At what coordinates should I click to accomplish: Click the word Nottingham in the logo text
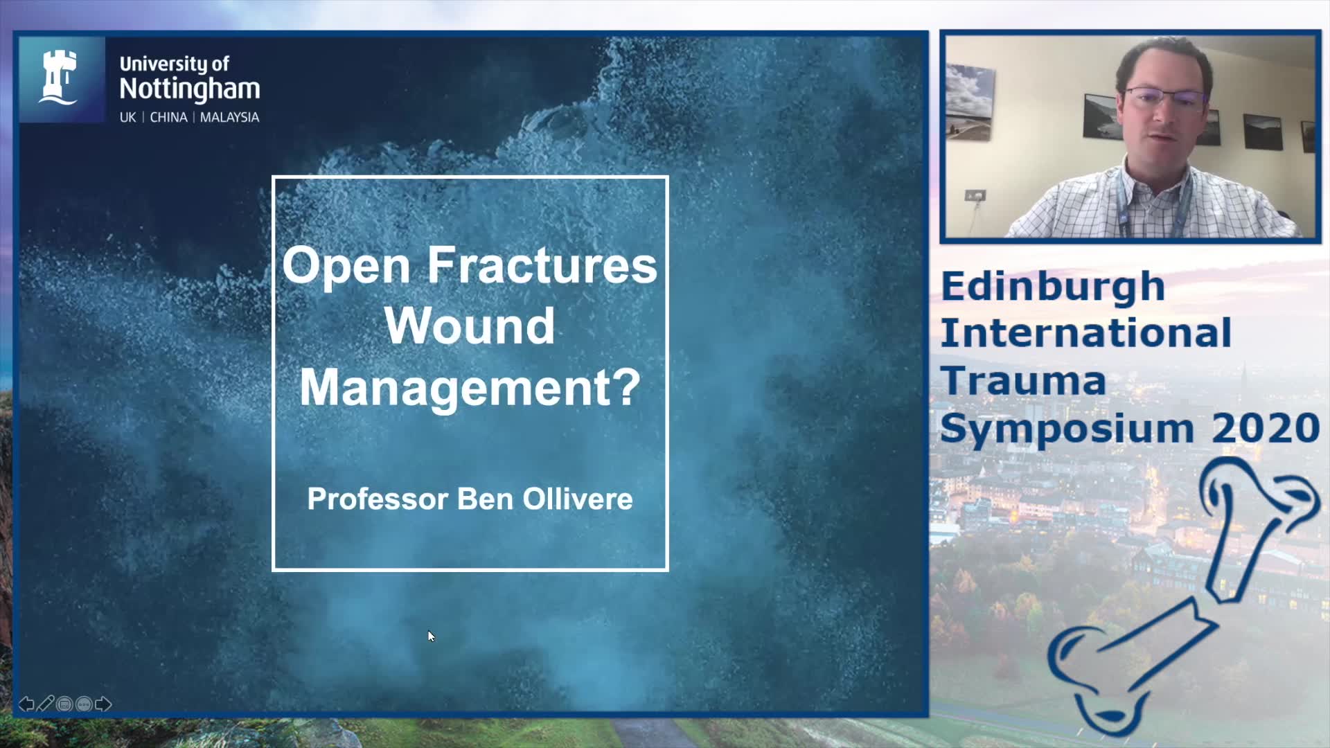pyautogui.click(x=190, y=89)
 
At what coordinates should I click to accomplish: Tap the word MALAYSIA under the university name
pyautogui.click(x=229, y=117)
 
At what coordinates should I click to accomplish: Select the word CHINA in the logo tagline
pyautogui.click(x=168, y=117)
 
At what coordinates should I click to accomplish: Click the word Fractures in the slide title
pyautogui.click(x=542, y=265)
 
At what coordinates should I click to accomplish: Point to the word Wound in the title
pyautogui.click(x=470, y=326)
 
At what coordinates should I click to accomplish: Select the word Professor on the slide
pyautogui.click(x=378, y=499)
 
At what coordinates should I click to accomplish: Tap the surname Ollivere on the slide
pyautogui.click(x=578, y=499)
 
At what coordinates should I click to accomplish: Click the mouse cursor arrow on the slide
pyautogui.click(x=431, y=636)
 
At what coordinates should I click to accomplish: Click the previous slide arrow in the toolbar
pyautogui.click(x=26, y=704)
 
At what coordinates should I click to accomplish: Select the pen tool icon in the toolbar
pyautogui.click(x=45, y=704)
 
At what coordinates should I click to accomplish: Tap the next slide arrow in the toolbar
pyautogui.click(x=103, y=704)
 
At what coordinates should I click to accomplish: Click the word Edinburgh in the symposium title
pyautogui.click(x=1052, y=287)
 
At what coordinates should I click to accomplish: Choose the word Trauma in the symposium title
pyautogui.click(x=1023, y=380)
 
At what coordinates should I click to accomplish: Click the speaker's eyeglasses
pyautogui.click(x=1165, y=99)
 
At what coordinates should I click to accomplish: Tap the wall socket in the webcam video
pyautogui.click(x=975, y=196)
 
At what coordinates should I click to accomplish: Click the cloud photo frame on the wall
pyautogui.click(x=970, y=101)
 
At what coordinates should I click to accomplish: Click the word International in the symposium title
pyautogui.click(x=1086, y=332)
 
